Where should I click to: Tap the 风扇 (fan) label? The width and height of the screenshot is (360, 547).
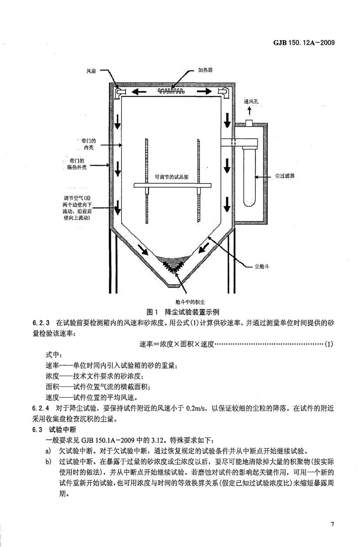[90, 70]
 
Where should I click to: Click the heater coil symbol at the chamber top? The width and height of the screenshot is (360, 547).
[173, 90]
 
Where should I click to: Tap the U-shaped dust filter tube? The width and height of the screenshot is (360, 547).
[249, 176]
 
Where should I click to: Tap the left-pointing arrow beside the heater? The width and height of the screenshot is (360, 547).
[138, 91]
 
